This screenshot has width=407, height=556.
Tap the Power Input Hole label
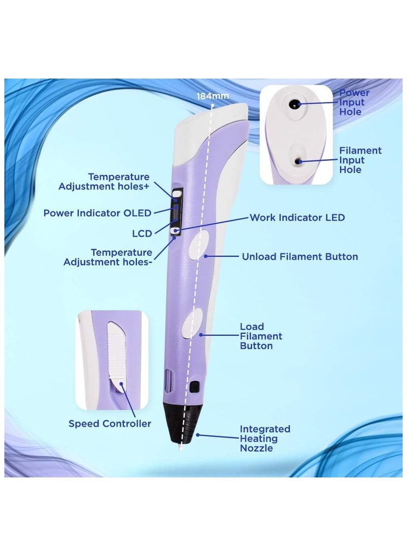[354, 102]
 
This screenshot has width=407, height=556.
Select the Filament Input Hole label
[361, 160]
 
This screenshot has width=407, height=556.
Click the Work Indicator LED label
[297, 218]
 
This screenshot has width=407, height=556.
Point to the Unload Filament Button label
[300, 256]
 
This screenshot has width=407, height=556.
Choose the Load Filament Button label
[261, 336]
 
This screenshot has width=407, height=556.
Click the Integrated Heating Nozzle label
[265, 439]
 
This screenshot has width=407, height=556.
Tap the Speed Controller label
[110, 423]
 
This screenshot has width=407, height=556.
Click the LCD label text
[141, 233]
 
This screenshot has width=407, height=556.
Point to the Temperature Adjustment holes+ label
[104, 181]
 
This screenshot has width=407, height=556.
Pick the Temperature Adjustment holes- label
[107, 257]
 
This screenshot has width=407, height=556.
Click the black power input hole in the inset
[294, 103]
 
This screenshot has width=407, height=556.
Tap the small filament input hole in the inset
[297, 161]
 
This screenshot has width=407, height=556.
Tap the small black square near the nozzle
[193, 386]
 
